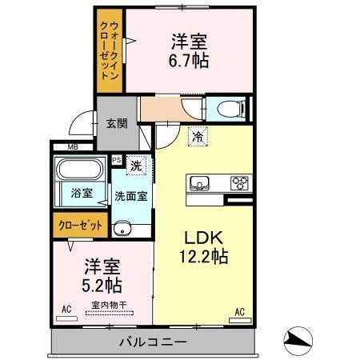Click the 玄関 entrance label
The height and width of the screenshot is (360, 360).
[115, 124]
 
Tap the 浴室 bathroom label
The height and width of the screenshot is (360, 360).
[81, 193]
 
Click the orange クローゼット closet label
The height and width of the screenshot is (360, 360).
[81, 225]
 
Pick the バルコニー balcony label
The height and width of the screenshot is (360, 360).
[154, 342]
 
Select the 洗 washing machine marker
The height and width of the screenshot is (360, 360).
[137, 166]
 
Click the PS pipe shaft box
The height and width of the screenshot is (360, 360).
[117, 160]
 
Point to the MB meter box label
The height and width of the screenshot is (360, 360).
[72, 147]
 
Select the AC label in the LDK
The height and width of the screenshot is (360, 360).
[239, 312]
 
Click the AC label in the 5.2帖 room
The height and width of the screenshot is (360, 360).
[67, 307]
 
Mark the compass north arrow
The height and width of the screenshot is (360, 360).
[298, 339]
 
